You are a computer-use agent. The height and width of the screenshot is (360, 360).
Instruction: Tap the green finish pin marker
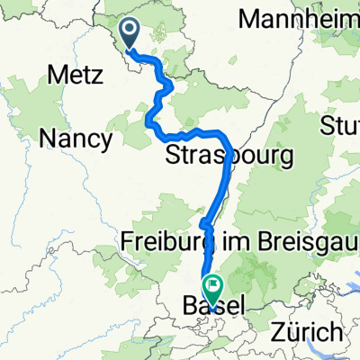(x=213, y=289)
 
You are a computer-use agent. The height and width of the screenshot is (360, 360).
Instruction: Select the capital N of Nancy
(x=47, y=139)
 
